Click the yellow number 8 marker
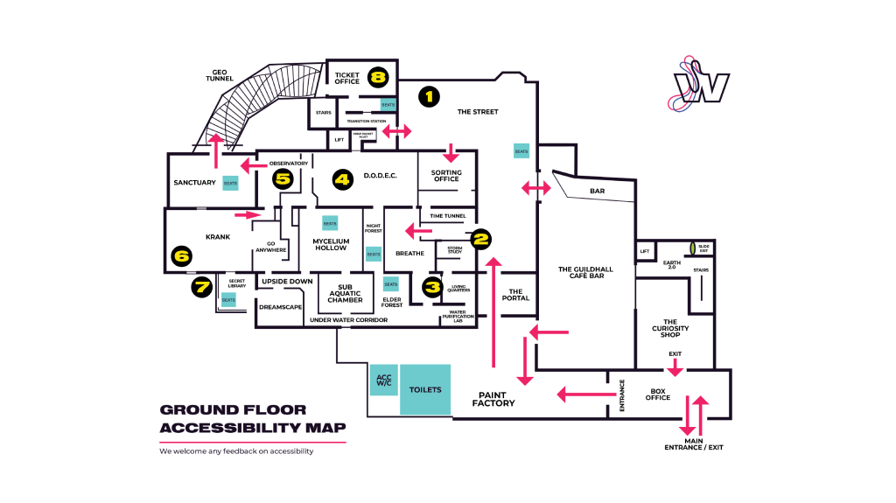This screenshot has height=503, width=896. point(377,77)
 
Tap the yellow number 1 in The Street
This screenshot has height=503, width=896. point(428,95)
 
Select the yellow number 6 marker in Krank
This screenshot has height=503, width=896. point(181,256)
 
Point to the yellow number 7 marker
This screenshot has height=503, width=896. point(201,285)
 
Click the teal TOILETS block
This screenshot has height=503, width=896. point(425,389)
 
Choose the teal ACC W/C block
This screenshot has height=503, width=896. point(384,380)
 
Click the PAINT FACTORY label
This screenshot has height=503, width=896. point(493,398)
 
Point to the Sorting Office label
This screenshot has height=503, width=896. point(446,176)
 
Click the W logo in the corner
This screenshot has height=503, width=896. point(701,86)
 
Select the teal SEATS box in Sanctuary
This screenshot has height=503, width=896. point(231,183)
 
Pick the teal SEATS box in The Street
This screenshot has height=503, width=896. point(521,150)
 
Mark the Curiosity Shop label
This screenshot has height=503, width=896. point(670,328)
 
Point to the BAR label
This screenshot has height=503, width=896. point(598,191)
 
